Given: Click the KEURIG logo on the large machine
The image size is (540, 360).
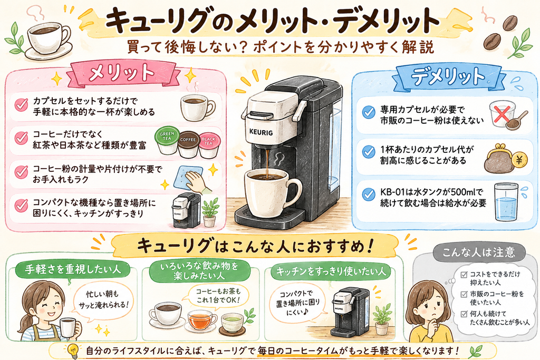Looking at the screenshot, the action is coord(261,132).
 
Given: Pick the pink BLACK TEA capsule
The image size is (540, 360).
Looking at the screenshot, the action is coord(209,145).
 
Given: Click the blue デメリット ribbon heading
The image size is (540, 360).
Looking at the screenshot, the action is coord(449,76).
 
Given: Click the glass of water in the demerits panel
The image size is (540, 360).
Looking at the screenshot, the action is coord(506,202).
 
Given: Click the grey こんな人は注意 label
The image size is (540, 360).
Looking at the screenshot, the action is coord(479,252).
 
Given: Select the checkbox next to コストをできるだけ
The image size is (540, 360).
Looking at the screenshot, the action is coord(464,275).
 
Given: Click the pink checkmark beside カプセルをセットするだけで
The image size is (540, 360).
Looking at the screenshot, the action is coord(21,105).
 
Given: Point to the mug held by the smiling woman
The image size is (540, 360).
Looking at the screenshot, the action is coord(68,327).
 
